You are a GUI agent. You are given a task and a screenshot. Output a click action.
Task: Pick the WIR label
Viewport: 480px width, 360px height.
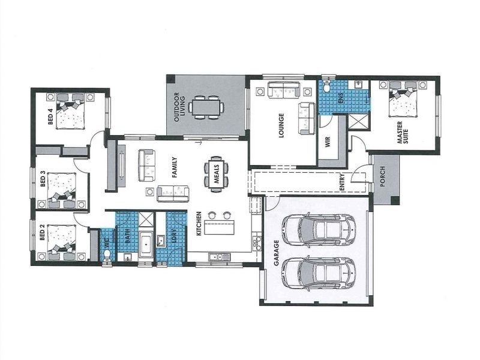(x=328, y=142)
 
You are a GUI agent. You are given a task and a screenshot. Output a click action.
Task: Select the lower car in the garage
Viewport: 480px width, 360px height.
(x=317, y=271)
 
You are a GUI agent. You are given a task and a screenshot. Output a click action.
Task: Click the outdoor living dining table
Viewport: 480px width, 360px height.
(x=206, y=107)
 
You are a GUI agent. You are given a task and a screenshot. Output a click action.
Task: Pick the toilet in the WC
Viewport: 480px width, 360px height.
(x=107, y=255)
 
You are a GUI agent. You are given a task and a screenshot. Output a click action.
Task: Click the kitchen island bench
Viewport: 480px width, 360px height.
(x=221, y=229)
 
